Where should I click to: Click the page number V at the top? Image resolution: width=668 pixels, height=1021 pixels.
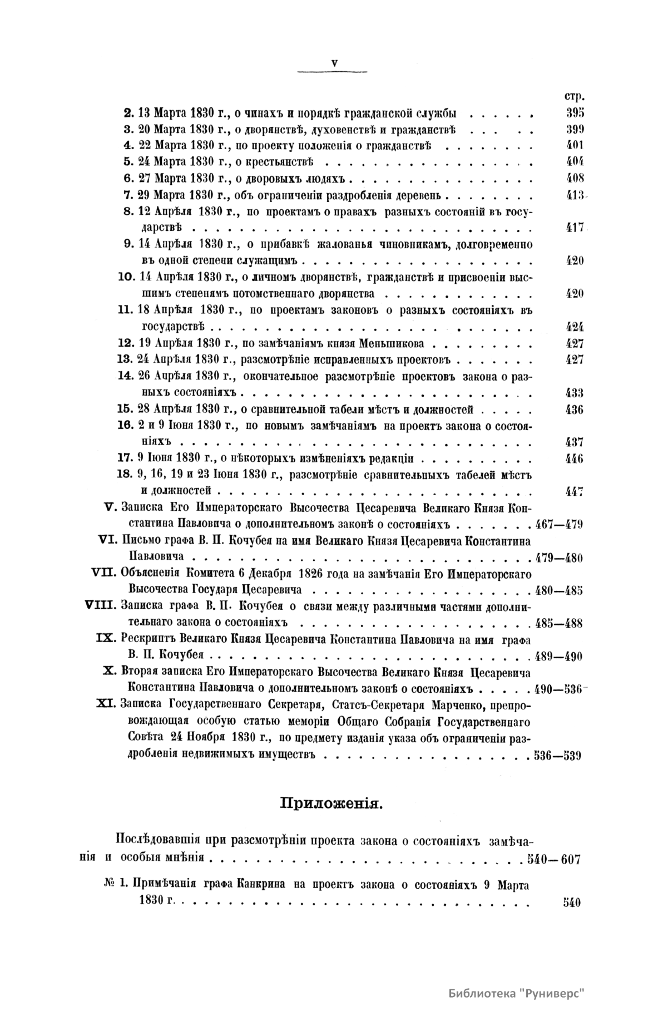(x=334, y=63)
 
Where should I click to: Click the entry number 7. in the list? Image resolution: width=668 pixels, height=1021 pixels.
(x=129, y=195)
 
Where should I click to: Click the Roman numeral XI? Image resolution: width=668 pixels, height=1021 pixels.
(x=106, y=704)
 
